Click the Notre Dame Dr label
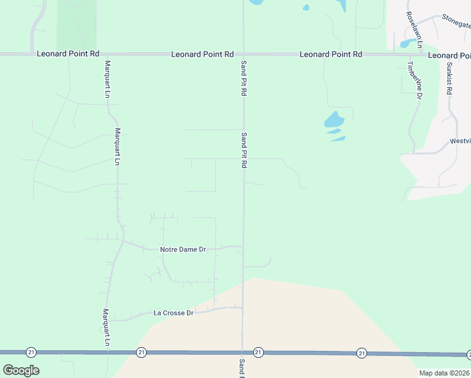coord(183,249)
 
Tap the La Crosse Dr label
coord(173,312)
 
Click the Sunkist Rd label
coord(450,77)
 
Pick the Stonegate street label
coord(456,21)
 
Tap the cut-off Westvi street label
coord(460,142)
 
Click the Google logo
coord(21,370)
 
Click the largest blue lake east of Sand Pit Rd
coord(334,120)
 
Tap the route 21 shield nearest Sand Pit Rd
coord(258,352)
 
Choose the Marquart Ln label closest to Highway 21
coord(107,327)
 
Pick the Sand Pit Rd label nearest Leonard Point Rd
coord(243,77)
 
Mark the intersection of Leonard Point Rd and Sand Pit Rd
coord(244,55)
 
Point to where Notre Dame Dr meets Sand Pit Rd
coord(243,246)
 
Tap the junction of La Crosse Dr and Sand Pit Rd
coord(243,307)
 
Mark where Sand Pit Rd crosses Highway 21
coord(243,352)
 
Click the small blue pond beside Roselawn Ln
coord(406,43)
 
